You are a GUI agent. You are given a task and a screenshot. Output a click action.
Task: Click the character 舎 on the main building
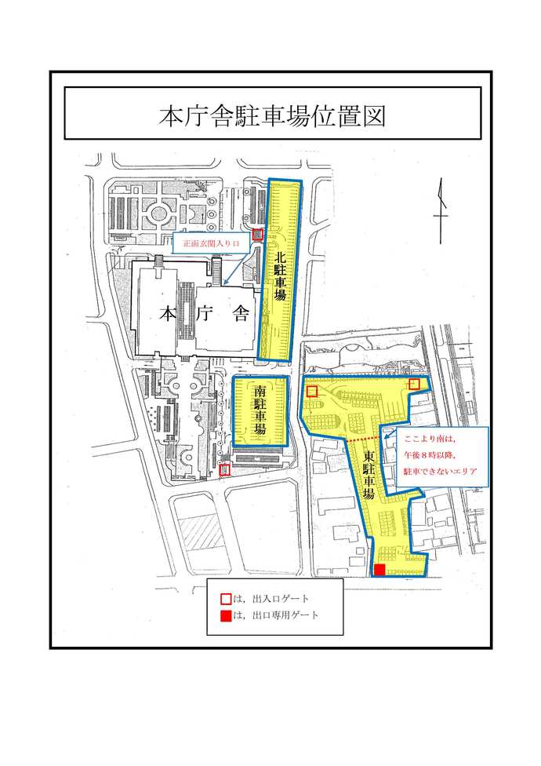tap(241, 315)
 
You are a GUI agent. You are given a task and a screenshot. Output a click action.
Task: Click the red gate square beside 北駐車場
tap(257, 235)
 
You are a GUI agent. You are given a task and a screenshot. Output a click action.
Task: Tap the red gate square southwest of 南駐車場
tap(224, 470)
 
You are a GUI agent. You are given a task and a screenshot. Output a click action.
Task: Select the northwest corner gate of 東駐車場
tap(311, 391)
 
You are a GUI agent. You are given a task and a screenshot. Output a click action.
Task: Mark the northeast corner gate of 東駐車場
tap(415, 383)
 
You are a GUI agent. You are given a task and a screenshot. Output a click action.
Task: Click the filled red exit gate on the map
tap(379, 570)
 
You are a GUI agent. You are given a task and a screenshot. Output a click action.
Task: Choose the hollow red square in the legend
tap(224, 599)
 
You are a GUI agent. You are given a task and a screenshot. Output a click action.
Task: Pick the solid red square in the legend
tap(224, 615)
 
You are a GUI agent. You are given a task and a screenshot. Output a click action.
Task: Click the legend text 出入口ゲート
tap(270, 599)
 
